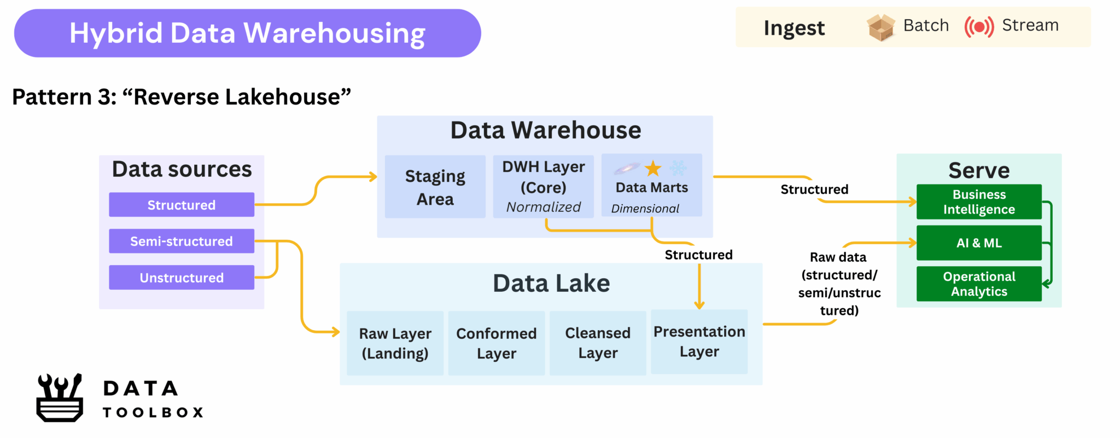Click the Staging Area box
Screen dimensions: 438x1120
point(435,187)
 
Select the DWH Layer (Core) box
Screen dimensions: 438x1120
point(543,186)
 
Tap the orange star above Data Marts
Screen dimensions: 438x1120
point(653,169)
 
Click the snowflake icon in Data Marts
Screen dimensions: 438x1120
point(678,168)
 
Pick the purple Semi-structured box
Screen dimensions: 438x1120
point(181,241)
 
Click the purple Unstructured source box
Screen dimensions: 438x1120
point(181,278)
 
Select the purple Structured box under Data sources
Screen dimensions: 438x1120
point(181,205)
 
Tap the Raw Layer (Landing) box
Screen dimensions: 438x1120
point(395,343)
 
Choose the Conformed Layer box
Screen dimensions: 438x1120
point(496,343)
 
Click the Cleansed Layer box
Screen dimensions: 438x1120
point(598,343)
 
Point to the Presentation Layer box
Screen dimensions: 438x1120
point(699,342)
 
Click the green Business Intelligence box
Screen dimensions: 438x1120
point(979,202)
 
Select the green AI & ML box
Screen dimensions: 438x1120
point(979,243)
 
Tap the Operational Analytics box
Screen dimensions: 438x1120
point(979,284)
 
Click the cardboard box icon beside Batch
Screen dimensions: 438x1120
point(880,27)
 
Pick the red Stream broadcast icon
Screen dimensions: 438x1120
point(979,26)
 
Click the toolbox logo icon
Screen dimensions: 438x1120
point(60,398)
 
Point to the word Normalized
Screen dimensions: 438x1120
point(543,207)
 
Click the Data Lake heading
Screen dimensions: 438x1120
point(551,284)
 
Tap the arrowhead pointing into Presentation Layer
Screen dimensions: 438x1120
point(699,304)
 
